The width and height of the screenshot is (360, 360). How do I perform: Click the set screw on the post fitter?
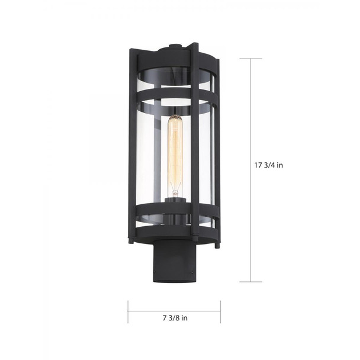point(195,272)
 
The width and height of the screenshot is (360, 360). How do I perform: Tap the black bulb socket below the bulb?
point(175,204)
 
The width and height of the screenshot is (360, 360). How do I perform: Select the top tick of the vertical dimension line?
point(251,58)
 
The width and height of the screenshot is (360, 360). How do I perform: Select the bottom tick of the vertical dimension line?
point(251,281)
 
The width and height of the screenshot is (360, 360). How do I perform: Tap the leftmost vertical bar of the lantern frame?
point(131,148)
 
